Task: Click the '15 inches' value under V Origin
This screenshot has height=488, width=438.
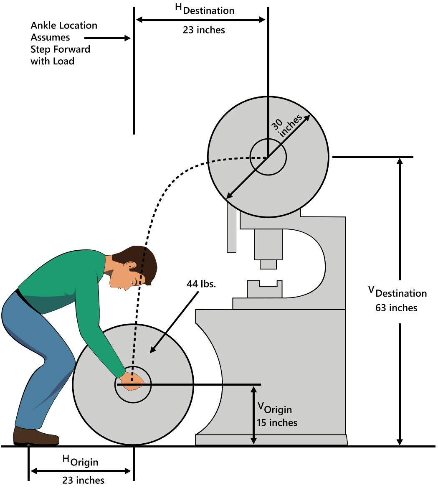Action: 277,422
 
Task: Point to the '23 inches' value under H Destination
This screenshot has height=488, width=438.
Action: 204,30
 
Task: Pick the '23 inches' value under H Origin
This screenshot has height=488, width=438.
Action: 84,480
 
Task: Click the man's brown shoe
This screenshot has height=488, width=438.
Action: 35,436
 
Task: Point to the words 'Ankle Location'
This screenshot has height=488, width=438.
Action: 64,25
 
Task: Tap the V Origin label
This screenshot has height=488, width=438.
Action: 274,407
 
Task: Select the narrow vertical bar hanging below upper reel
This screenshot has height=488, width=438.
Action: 232,228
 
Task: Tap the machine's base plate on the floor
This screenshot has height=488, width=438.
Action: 271,440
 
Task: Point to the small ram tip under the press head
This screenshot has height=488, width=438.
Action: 268,264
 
